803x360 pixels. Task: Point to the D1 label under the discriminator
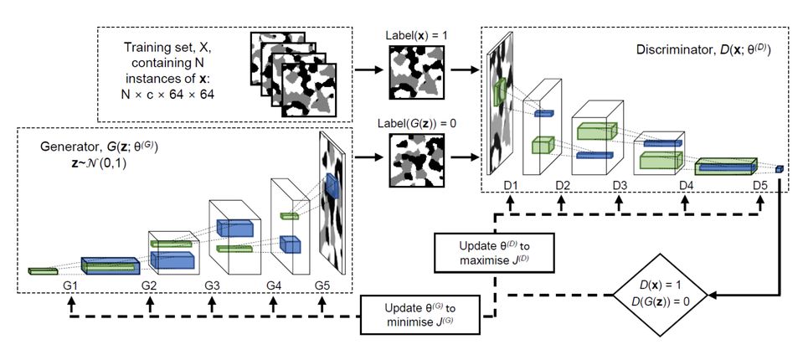tap(511, 184)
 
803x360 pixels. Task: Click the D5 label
tap(759, 184)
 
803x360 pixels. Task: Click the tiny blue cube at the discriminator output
tap(780, 169)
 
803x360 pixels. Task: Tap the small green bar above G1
tap(42, 271)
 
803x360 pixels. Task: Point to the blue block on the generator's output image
tap(332, 187)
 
